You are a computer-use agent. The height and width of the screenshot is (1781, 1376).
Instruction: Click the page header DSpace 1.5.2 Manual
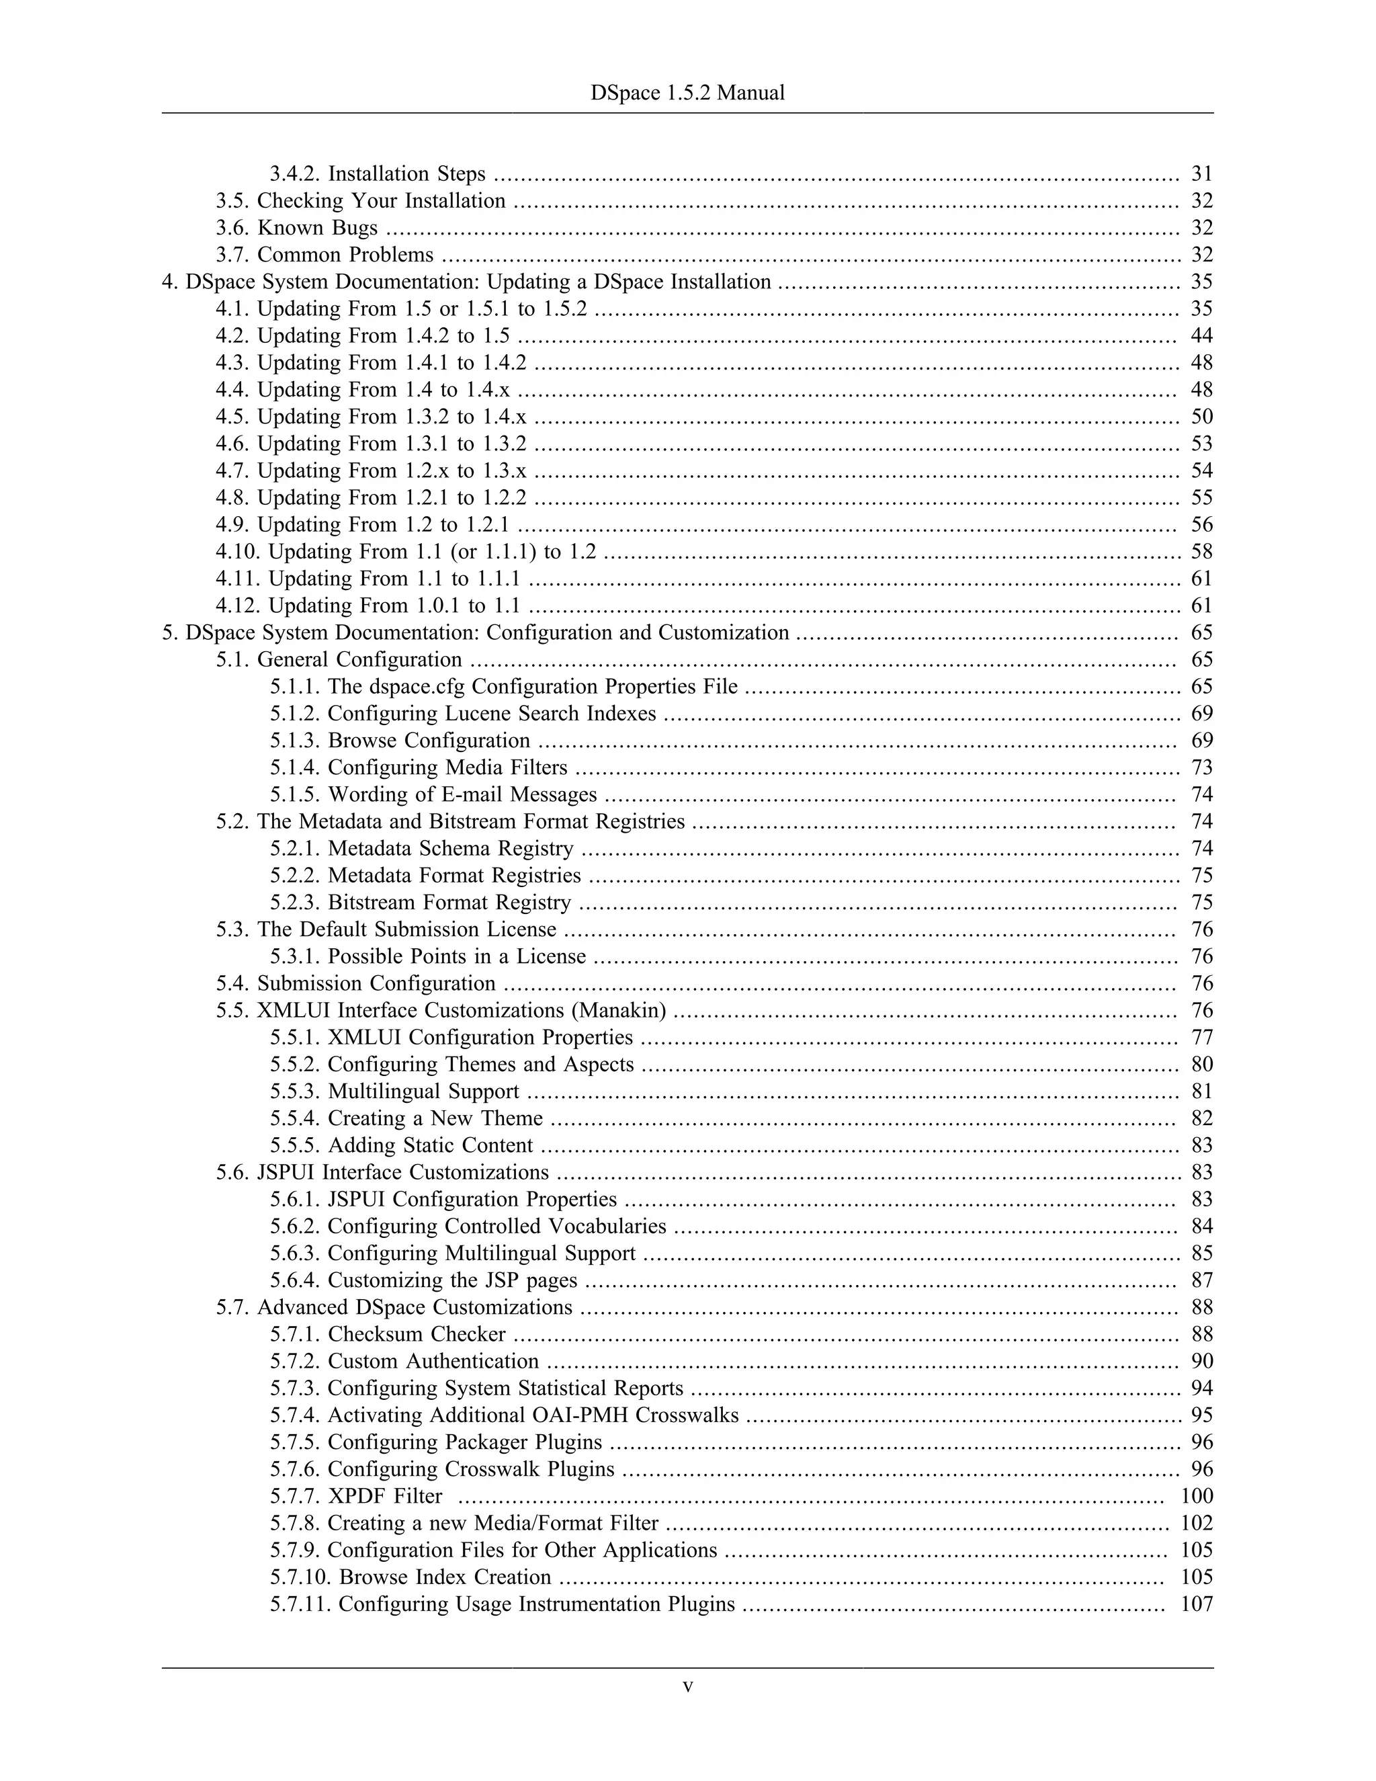[687, 93]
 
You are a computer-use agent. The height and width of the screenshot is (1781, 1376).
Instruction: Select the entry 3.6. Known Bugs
[297, 228]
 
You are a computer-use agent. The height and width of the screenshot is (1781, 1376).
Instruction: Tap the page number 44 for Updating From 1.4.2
[1201, 336]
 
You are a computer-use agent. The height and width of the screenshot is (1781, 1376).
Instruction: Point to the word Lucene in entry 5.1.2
[480, 714]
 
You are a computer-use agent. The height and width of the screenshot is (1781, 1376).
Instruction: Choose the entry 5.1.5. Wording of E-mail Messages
[433, 794]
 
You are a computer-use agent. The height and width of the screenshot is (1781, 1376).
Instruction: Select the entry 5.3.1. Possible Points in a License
[428, 956]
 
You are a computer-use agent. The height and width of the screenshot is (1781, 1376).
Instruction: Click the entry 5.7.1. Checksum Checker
[388, 1334]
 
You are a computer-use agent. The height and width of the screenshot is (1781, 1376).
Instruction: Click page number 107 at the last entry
[1197, 1604]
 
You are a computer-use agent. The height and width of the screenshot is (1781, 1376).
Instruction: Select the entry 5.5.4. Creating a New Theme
[406, 1118]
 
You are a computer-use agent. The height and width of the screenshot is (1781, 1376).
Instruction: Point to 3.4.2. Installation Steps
[378, 173]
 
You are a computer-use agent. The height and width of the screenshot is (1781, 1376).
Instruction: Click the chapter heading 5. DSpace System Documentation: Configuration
[475, 633]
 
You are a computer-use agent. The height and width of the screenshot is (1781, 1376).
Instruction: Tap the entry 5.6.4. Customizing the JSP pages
[424, 1280]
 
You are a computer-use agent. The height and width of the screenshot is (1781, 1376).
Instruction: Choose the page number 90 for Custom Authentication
[1201, 1361]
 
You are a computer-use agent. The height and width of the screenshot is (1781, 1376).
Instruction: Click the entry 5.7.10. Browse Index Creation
[411, 1577]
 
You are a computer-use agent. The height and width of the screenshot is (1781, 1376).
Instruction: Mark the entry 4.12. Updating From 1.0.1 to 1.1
[368, 606]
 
